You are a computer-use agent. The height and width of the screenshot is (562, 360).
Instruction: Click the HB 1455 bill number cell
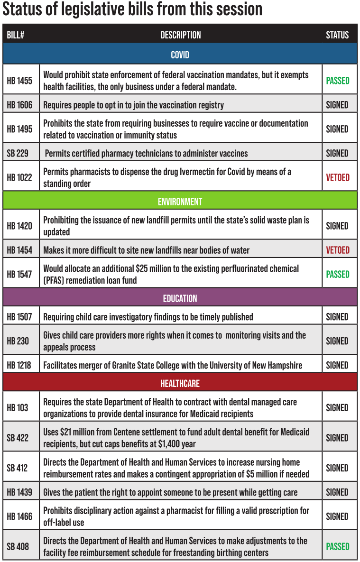point(19,81)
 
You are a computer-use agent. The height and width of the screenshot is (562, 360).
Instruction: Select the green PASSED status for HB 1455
point(338,81)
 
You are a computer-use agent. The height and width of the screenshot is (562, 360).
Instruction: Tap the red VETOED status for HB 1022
point(338,177)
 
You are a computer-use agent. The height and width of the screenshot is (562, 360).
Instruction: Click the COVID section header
point(180,55)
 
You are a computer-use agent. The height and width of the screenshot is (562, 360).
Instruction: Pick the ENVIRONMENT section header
point(180,202)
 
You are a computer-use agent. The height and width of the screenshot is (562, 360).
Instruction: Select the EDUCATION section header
point(180,298)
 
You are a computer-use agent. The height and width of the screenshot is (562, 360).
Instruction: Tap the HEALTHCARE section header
point(180,383)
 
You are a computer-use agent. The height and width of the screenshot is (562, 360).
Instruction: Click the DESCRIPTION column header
point(181,35)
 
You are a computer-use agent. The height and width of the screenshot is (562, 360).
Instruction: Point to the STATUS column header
point(337,35)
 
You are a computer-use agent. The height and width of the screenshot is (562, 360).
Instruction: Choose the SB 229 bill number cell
point(18,153)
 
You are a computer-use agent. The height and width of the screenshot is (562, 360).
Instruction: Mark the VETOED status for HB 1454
point(338,250)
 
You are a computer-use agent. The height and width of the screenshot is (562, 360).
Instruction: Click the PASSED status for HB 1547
point(338,274)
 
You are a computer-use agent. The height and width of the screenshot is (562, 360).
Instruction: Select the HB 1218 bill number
point(19,365)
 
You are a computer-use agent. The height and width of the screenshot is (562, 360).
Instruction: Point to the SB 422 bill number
point(18,438)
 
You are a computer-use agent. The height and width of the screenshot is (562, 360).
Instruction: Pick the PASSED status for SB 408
point(338,546)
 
